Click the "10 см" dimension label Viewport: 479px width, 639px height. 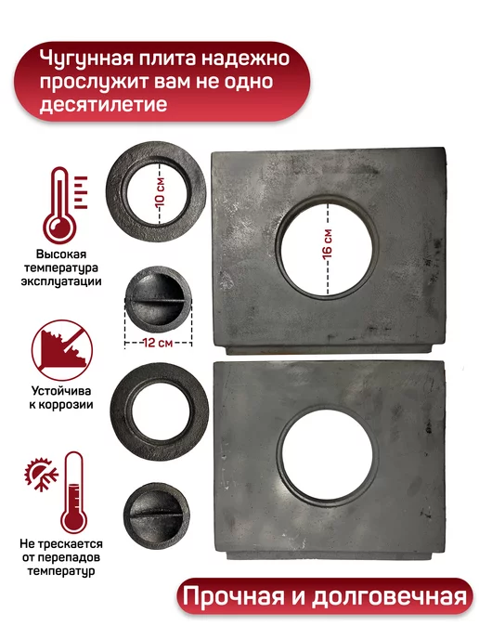pos(161,191)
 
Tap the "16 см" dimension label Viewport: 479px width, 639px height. pos(327,243)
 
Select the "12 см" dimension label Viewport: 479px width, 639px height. pos(158,343)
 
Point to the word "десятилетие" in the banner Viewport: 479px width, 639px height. pos(103,104)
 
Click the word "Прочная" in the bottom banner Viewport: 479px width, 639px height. pos(233,596)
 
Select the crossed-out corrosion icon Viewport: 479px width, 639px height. pos(62,350)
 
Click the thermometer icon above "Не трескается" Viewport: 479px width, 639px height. pos(73,492)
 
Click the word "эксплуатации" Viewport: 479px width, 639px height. pos(61,281)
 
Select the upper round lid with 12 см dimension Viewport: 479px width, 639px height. pos(158,299)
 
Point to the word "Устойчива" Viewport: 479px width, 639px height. pos(61,391)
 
